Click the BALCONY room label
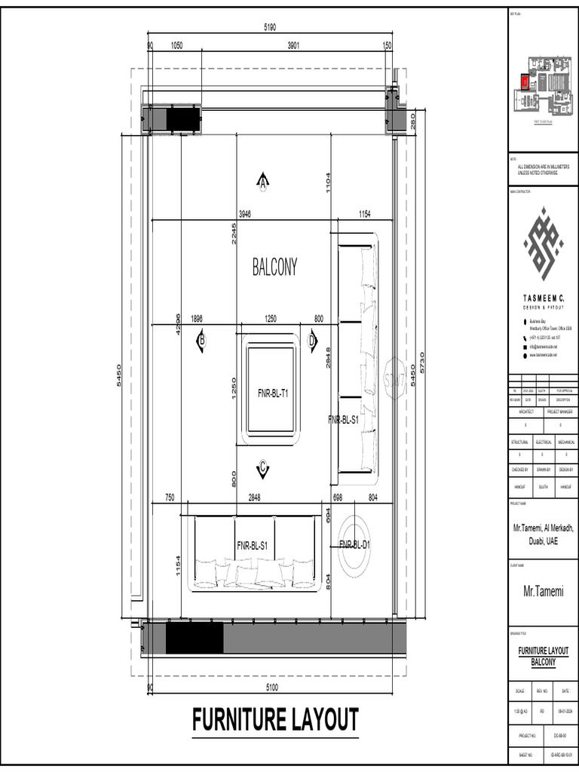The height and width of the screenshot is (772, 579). (274, 267)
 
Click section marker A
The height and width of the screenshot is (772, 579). (263, 182)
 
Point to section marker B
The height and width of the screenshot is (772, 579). (201, 341)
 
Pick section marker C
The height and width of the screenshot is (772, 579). (262, 470)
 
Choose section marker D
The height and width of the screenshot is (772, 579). (313, 341)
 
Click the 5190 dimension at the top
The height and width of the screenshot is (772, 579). (270, 28)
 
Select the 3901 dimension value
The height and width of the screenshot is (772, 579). (294, 46)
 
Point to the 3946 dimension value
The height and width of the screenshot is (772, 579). (244, 214)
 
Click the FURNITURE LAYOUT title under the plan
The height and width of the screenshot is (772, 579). (275, 719)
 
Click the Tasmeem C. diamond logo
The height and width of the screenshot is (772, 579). (544, 244)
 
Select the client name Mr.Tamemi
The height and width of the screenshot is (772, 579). (543, 592)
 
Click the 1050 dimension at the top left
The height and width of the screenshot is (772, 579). (176, 46)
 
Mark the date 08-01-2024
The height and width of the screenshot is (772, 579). (565, 710)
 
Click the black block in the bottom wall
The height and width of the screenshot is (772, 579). (195, 638)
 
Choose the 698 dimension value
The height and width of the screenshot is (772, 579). (338, 498)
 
